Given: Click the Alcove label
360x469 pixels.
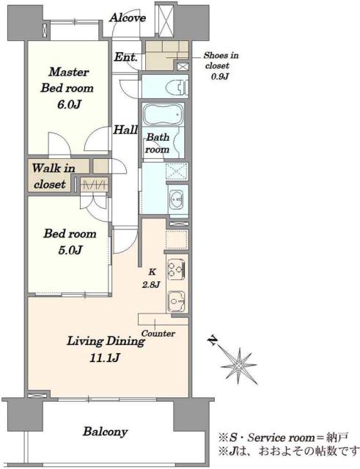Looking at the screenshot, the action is pyautogui.click(x=128, y=18).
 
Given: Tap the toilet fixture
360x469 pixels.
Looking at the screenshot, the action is pyautogui.click(x=182, y=86).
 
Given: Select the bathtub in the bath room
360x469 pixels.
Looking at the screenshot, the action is pyautogui.click(x=164, y=115).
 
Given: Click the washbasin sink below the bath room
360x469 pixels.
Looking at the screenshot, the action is pyautogui.click(x=177, y=199).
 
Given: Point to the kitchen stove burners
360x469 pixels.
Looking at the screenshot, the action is pyautogui.click(x=176, y=269).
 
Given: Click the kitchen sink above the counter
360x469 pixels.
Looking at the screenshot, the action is pyautogui.click(x=177, y=300).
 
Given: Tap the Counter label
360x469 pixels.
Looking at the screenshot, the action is pyautogui.click(x=158, y=333).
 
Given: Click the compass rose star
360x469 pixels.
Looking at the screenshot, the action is pyautogui.click(x=238, y=366).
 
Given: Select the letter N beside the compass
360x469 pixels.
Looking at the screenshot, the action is pyautogui.click(x=213, y=341).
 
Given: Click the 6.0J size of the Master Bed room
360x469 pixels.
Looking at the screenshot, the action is pyautogui.click(x=69, y=104).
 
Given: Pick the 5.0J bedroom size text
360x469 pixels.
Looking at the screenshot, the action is pyautogui.click(x=70, y=249).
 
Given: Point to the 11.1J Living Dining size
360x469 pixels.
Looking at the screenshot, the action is pyautogui.click(x=105, y=358).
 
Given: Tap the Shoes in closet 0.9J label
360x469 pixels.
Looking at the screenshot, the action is pyautogui.click(x=221, y=66).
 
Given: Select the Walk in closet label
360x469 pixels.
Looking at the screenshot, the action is pyautogui.click(x=51, y=176).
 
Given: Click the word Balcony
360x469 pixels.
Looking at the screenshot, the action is pyautogui.click(x=106, y=432).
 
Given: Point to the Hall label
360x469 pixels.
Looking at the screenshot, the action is pyautogui.click(x=125, y=130).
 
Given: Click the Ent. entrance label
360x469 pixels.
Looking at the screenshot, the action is pyautogui.click(x=126, y=57).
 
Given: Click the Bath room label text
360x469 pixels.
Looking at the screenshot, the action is pyautogui.click(x=157, y=144).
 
